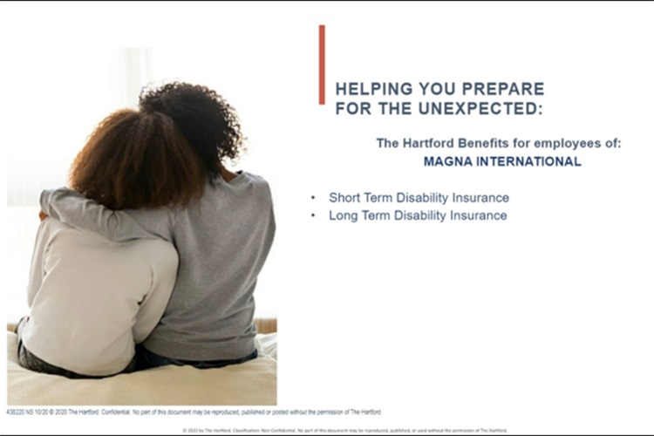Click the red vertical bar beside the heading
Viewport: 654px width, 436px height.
point(322,64)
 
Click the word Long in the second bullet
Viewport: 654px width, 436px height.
point(344,215)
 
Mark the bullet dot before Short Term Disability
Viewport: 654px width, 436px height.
point(314,198)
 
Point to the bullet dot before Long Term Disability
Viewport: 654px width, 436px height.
point(314,215)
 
